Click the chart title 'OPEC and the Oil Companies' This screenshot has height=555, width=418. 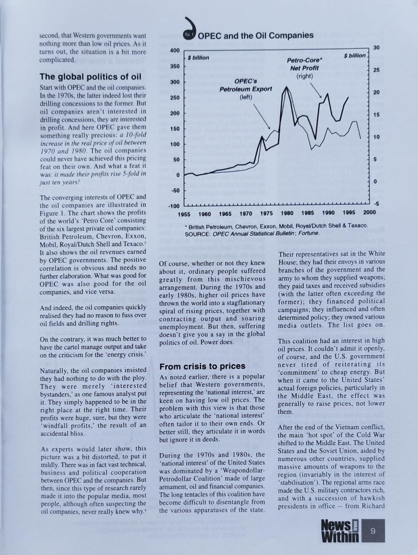point(256,36)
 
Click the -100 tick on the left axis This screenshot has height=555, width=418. point(173,206)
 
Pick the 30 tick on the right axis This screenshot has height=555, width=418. point(376,48)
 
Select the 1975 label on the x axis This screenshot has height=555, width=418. point(267,212)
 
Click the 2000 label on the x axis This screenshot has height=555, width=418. point(369,212)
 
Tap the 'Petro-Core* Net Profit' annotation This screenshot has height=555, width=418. point(302,68)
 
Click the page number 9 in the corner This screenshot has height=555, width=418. point(373,532)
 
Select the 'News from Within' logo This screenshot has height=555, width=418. point(340,531)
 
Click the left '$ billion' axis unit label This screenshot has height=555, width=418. point(199,56)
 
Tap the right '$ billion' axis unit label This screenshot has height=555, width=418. point(355,55)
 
